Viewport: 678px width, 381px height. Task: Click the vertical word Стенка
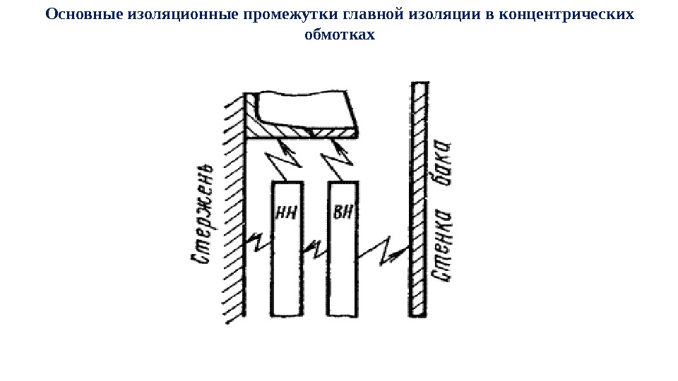(x=442, y=243)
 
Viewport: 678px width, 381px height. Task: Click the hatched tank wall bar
(x=418, y=198)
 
